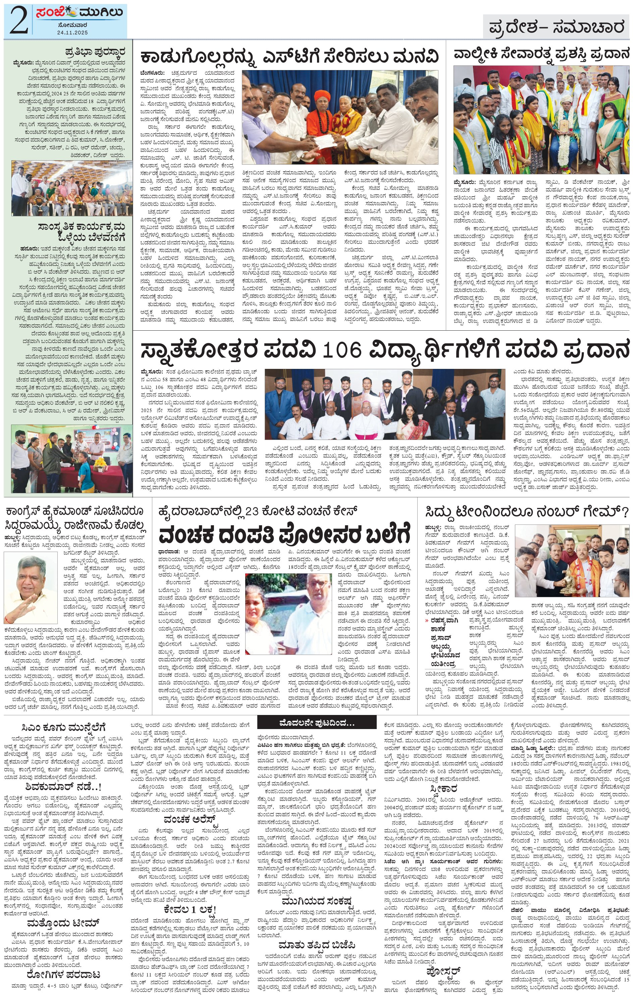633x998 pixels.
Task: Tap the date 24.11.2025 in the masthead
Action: [x=72, y=32]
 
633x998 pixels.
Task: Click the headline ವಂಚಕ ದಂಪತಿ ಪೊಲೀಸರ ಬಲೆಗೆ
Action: [x=284, y=534]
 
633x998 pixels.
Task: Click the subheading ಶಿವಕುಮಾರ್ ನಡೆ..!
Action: [x=63, y=787]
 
